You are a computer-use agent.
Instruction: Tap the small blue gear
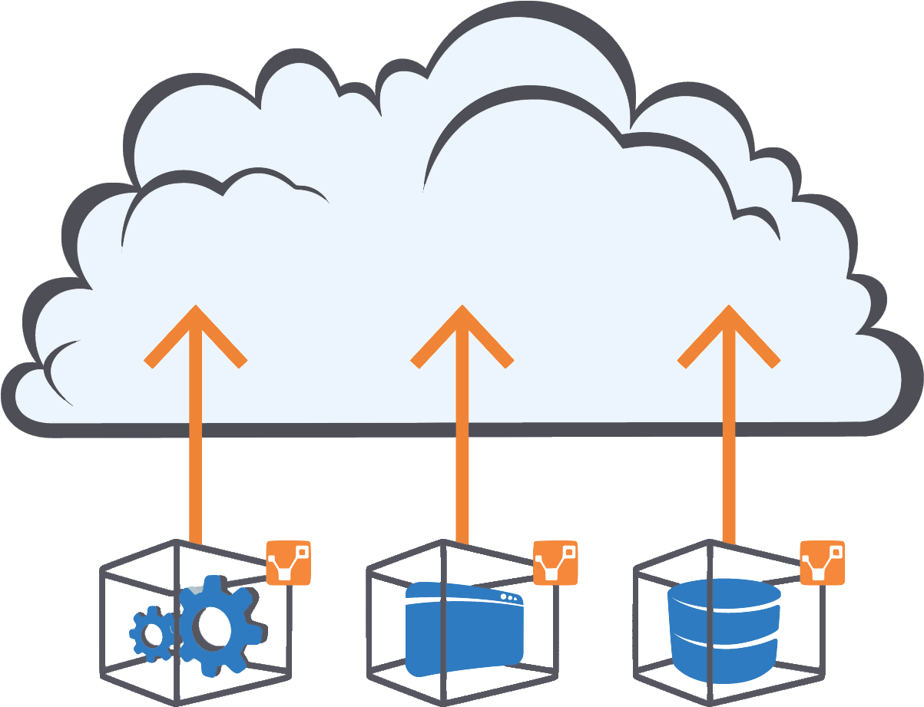point(151,634)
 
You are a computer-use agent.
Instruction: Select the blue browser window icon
point(464,629)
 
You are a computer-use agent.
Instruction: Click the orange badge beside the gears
point(288,563)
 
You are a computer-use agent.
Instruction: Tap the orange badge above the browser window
point(555,563)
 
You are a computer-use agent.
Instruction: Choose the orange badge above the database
point(822,563)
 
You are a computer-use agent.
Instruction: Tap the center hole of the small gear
point(152,635)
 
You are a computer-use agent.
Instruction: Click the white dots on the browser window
point(508,597)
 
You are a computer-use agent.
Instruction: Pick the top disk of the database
point(724,593)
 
